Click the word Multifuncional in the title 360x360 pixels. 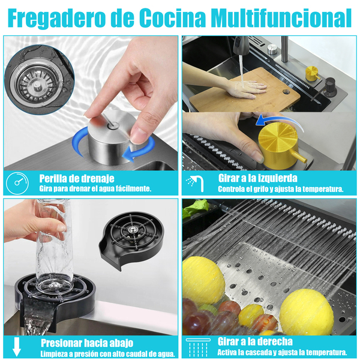pyautogui.click(x=283, y=17)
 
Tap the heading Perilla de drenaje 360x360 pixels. pyautogui.click(x=77, y=178)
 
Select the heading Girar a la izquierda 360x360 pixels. pyautogui.click(x=257, y=178)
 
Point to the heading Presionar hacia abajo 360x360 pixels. pyautogui.click(x=87, y=343)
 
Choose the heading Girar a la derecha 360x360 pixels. pyautogui.click(x=255, y=341)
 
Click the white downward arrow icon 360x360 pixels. pyautogui.click(x=17, y=347)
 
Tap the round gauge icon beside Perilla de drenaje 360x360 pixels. pyautogui.click(x=17, y=183)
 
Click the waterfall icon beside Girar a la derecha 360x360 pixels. pyautogui.click(x=198, y=347)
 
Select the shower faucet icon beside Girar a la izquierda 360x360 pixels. pyautogui.click(x=195, y=183)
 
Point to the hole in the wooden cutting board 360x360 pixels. pyautogui.click(x=286, y=92)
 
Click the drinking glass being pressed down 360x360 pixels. pyautogui.click(x=54, y=247)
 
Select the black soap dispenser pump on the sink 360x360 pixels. pyautogui.click(x=327, y=88)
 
